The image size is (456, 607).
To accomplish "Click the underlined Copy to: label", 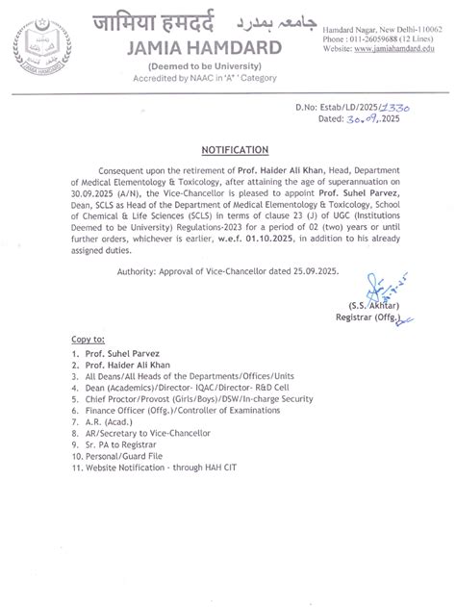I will click(88, 341).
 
